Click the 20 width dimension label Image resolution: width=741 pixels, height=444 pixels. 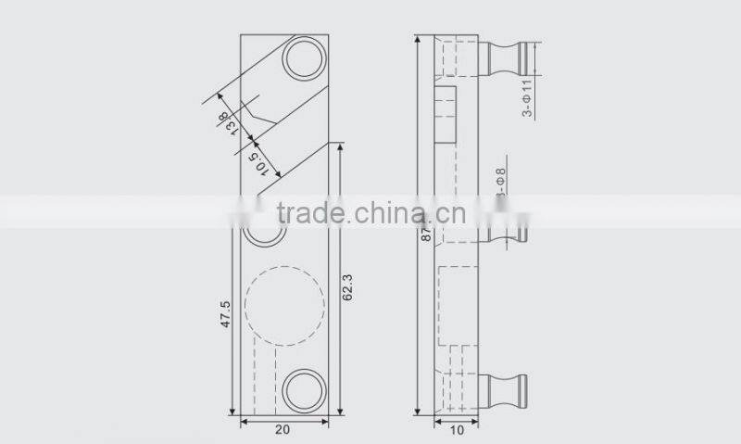click(283, 430)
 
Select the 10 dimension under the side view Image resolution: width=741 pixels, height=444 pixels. click(456, 430)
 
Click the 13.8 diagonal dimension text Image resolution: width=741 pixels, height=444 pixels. click(225, 123)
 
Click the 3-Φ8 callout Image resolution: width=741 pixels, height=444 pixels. click(500, 184)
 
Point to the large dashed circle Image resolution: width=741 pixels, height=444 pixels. click(284, 304)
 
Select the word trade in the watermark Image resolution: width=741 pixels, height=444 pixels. click(307, 212)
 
